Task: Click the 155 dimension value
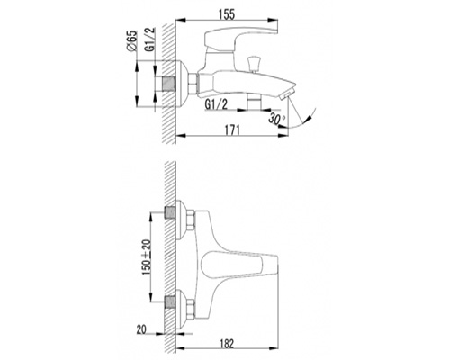[227, 14]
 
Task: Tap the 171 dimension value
[232, 130]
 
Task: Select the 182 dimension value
[227, 344]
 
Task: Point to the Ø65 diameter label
[132, 41]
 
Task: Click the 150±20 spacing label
[147, 257]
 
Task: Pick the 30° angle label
[276, 118]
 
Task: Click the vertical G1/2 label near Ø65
[150, 39]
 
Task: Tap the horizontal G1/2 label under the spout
[217, 104]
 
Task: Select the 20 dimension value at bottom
[141, 329]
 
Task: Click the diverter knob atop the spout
[254, 64]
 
